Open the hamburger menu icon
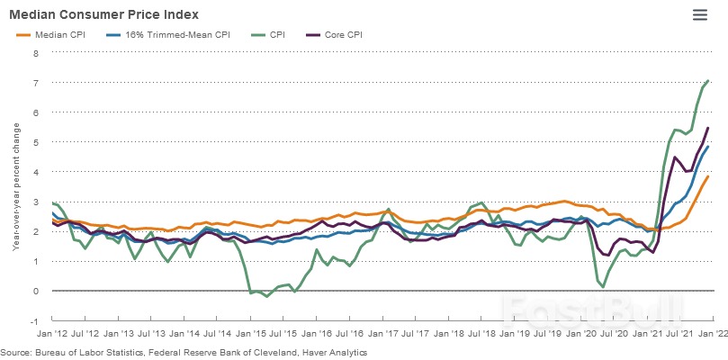[700, 14]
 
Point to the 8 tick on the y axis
[36, 53]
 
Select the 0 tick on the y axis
[36, 292]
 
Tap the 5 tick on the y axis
[36, 142]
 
